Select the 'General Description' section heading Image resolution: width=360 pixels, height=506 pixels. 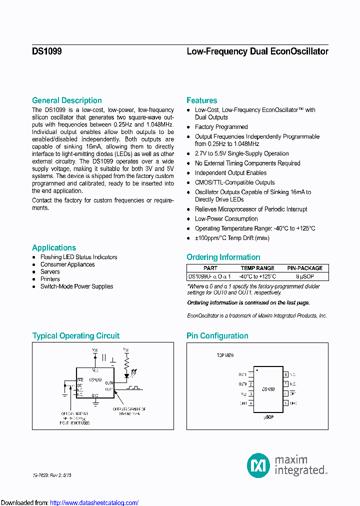pos(66,100)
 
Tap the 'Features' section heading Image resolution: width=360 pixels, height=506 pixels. pos(201,100)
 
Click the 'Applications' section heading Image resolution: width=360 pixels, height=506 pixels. pos(54,248)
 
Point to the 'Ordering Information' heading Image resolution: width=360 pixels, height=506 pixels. pos(223,257)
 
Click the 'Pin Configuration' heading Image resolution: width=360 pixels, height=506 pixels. pos(217,336)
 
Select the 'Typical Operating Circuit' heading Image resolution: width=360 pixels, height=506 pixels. pos(76,336)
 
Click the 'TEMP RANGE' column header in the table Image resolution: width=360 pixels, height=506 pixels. pos(257,268)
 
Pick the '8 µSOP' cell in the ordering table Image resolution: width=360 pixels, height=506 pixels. pos(304,276)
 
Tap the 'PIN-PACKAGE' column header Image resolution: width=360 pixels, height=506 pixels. pos(304,268)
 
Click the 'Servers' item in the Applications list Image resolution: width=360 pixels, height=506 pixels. pos(50,272)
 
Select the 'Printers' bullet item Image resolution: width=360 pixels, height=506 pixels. pos(50,279)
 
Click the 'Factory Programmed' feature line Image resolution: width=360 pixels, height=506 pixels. pos(221,127)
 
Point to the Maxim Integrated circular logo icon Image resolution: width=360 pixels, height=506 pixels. pos(258,465)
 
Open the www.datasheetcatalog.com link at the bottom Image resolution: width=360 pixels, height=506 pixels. pos(94,502)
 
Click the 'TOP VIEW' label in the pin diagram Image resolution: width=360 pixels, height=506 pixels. pos(225,355)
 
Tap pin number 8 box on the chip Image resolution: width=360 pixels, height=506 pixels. pos(286,374)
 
